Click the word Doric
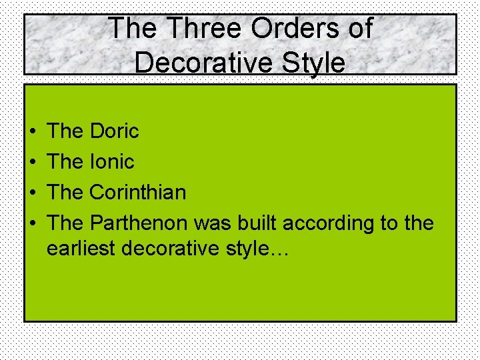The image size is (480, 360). pyautogui.click(x=114, y=131)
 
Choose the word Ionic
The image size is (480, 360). pyautogui.click(x=111, y=161)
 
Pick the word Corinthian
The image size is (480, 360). pyautogui.click(x=137, y=192)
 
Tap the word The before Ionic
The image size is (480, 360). pyautogui.click(x=65, y=161)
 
